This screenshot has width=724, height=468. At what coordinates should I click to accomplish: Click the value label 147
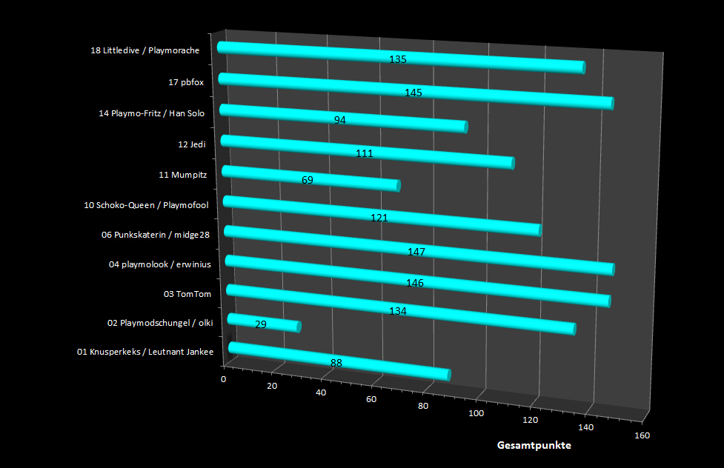tap(416, 253)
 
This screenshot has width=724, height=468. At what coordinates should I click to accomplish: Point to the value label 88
tap(336, 362)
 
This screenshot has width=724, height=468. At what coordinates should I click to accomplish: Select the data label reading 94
tap(340, 120)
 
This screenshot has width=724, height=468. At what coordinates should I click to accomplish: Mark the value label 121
tap(379, 218)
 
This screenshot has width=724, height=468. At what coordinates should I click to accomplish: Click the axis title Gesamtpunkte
tap(534, 446)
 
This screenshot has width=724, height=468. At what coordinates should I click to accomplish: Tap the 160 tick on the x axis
tap(642, 435)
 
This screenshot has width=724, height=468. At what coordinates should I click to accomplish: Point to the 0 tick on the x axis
tap(224, 378)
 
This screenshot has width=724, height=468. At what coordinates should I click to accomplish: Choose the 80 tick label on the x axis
tap(424, 406)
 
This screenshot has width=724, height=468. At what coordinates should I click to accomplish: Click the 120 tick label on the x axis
tap(531, 421)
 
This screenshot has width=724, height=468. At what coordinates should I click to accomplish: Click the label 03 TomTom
tap(187, 294)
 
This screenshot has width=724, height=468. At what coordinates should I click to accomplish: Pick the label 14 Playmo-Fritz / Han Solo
tap(151, 113)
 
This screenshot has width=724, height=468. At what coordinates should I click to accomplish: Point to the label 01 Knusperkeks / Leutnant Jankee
tap(145, 352)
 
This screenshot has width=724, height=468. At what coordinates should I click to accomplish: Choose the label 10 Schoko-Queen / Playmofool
tap(147, 204)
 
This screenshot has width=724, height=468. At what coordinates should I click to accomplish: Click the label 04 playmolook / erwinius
tap(159, 264)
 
